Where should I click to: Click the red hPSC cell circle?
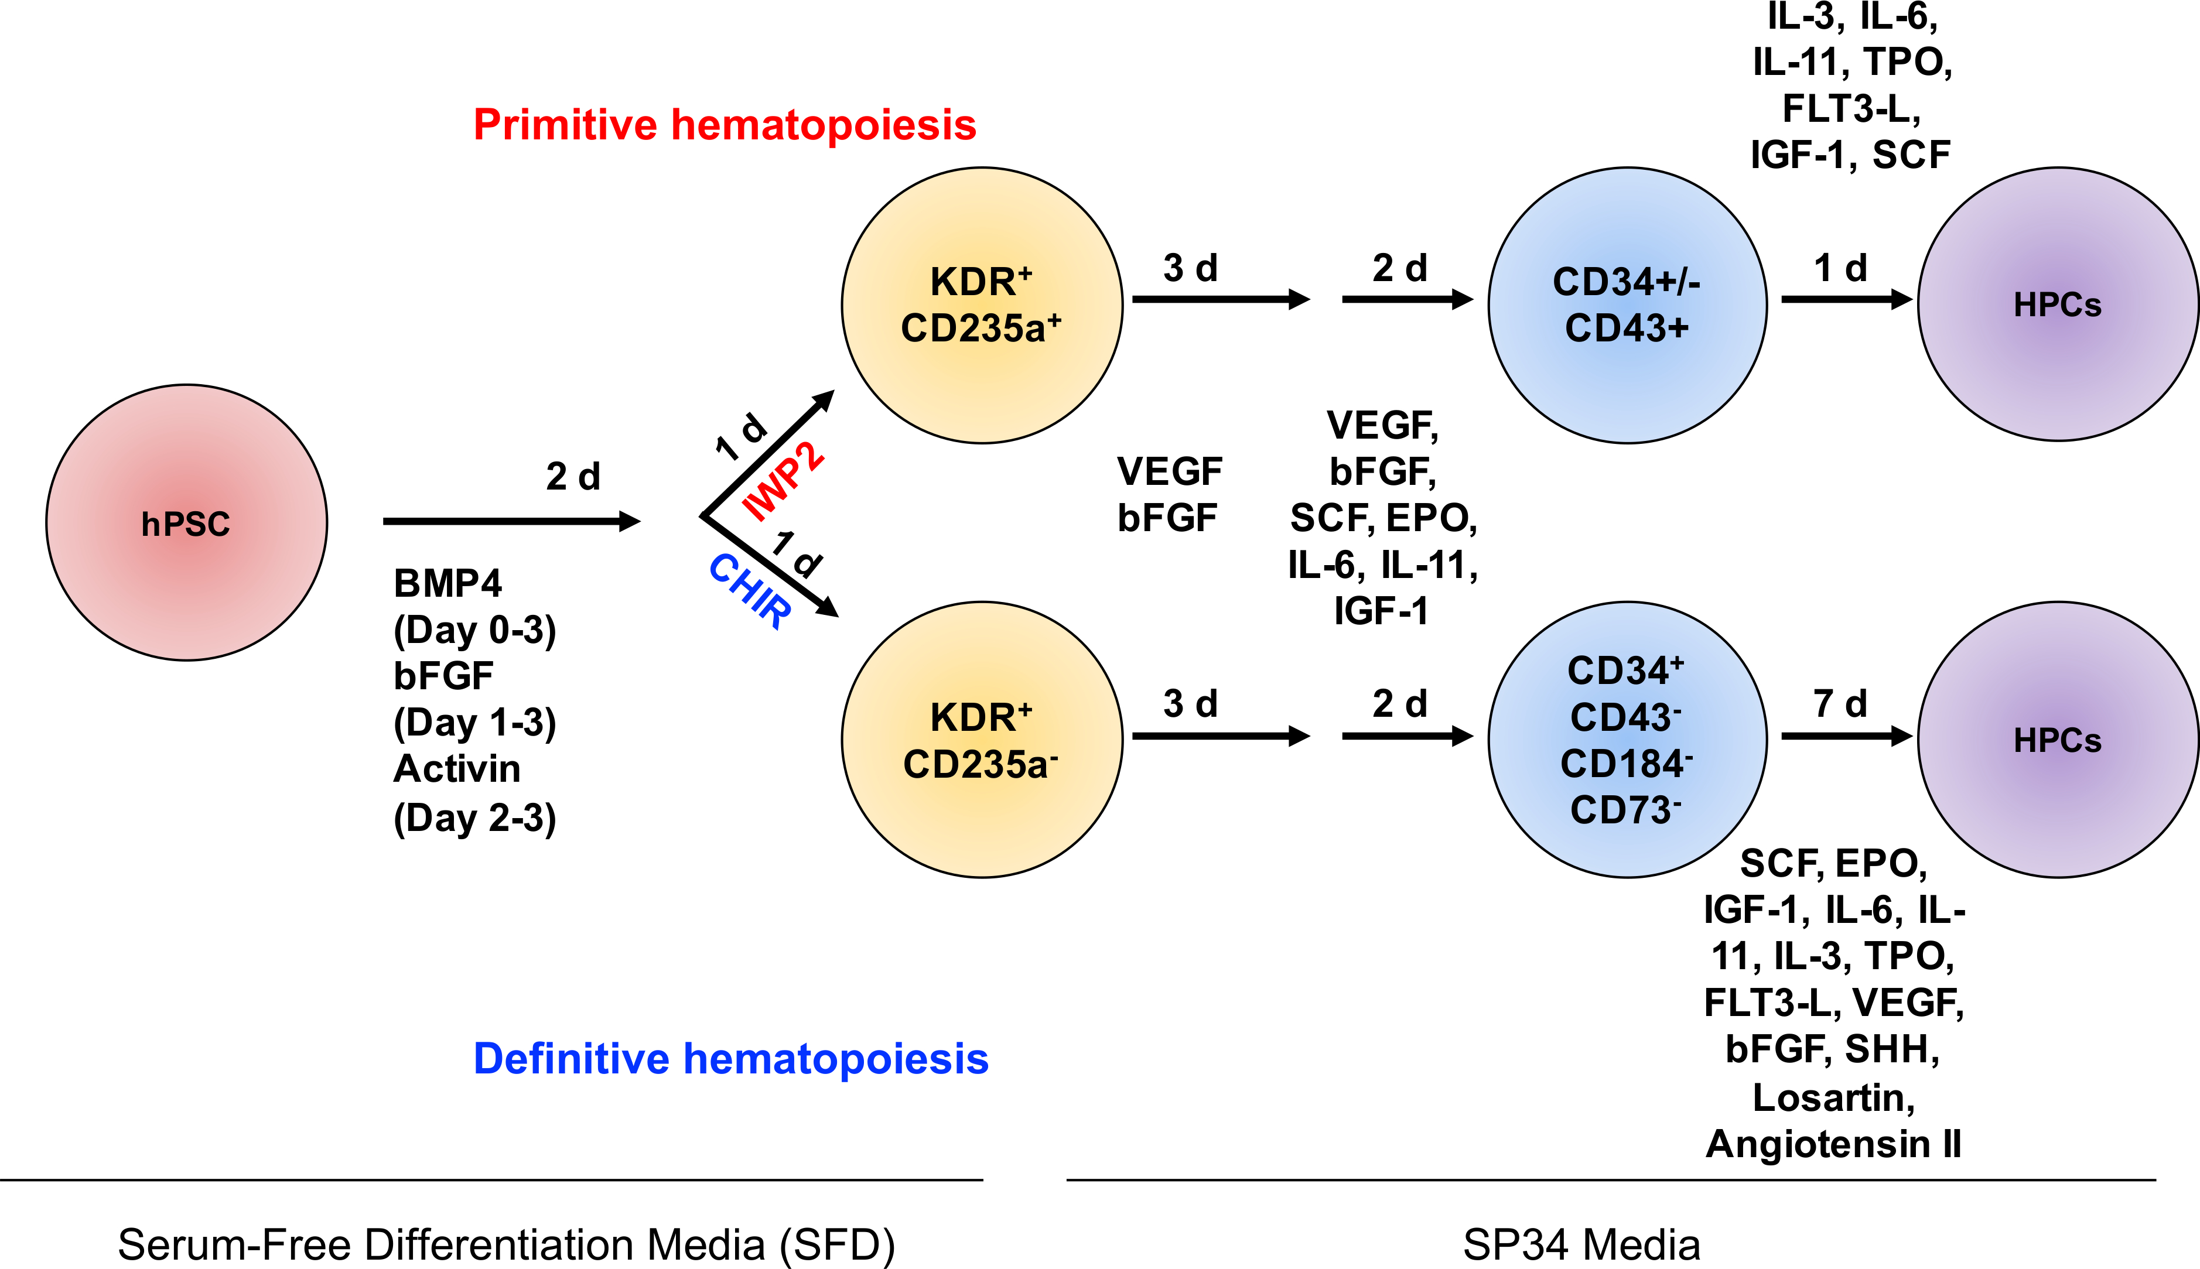pyautogui.click(x=186, y=523)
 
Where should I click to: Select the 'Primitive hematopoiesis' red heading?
pyautogui.click(x=725, y=125)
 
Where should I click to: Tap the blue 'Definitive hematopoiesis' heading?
pyautogui.click(x=730, y=1059)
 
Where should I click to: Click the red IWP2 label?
pyautogui.click(x=783, y=481)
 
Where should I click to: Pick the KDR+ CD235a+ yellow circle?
pyautogui.click(x=982, y=305)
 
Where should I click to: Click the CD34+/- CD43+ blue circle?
pyautogui.click(x=1627, y=305)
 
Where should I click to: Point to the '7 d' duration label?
pyautogui.click(x=1840, y=704)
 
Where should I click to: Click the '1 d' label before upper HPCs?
pyautogui.click(x=1840, y=268)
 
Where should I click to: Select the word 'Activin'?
pyautogui.click(x=457, y=769)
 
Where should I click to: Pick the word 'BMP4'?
pyautogui.click(x=447, y=584)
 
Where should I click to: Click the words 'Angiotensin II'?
pyautogui.click(x=1833, y=1144)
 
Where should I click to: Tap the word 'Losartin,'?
pyautogui.click(x=1833, y=1097)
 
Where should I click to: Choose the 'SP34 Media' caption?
pyautogui.click(x=1581, y=1244)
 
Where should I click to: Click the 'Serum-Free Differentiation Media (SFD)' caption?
pyautogui.click(x=505, y=1244)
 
